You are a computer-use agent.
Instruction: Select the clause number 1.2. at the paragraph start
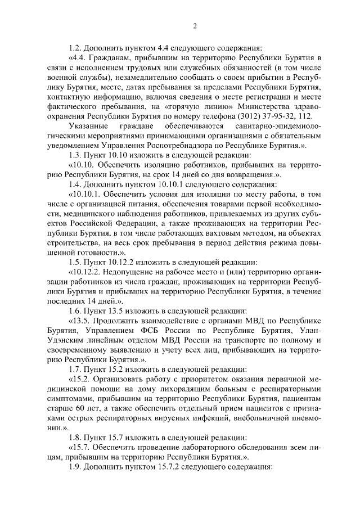pos(74,47)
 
